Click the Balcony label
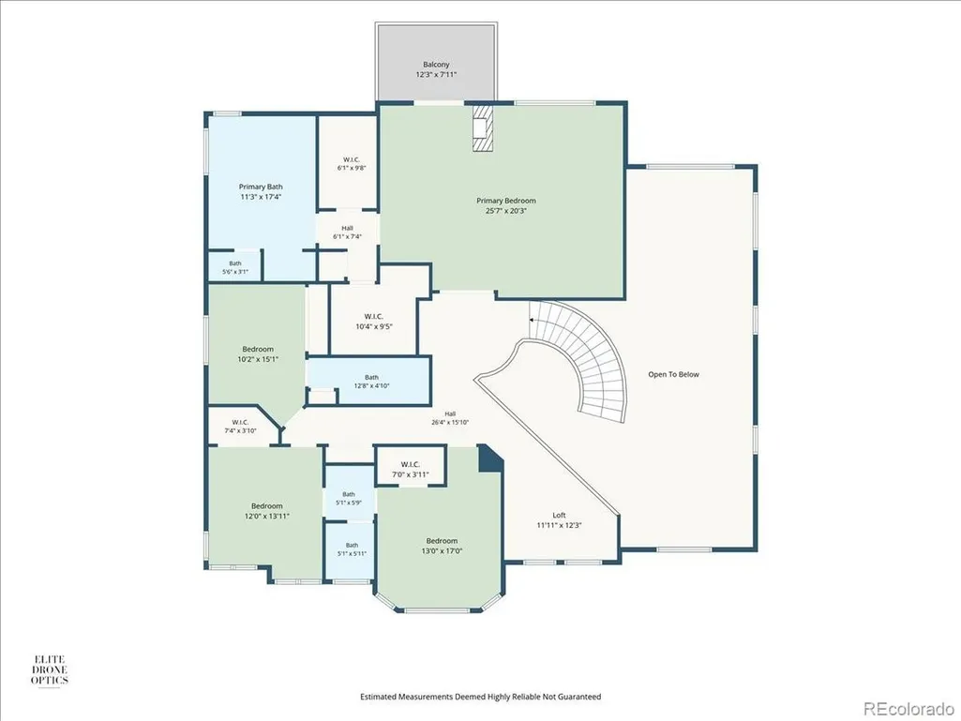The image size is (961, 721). click(436, 65)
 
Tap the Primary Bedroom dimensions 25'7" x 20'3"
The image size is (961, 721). click(505, 211)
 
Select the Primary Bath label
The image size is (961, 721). click(261, 187)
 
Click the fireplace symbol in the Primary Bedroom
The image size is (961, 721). click(481, 128)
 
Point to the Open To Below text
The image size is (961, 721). click(673, 375)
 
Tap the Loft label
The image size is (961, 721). click(559, 516)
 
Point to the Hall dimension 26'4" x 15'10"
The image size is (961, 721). click(450, 422)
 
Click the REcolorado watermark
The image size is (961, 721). click(908, 709)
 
